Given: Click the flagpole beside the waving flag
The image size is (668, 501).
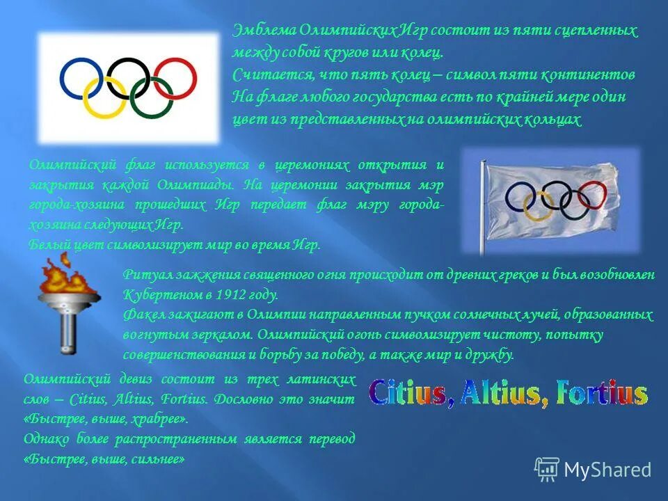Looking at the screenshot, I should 481,209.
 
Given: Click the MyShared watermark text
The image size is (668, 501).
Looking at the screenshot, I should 607,470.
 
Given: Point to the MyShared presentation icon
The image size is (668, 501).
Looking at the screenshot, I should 547,470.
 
